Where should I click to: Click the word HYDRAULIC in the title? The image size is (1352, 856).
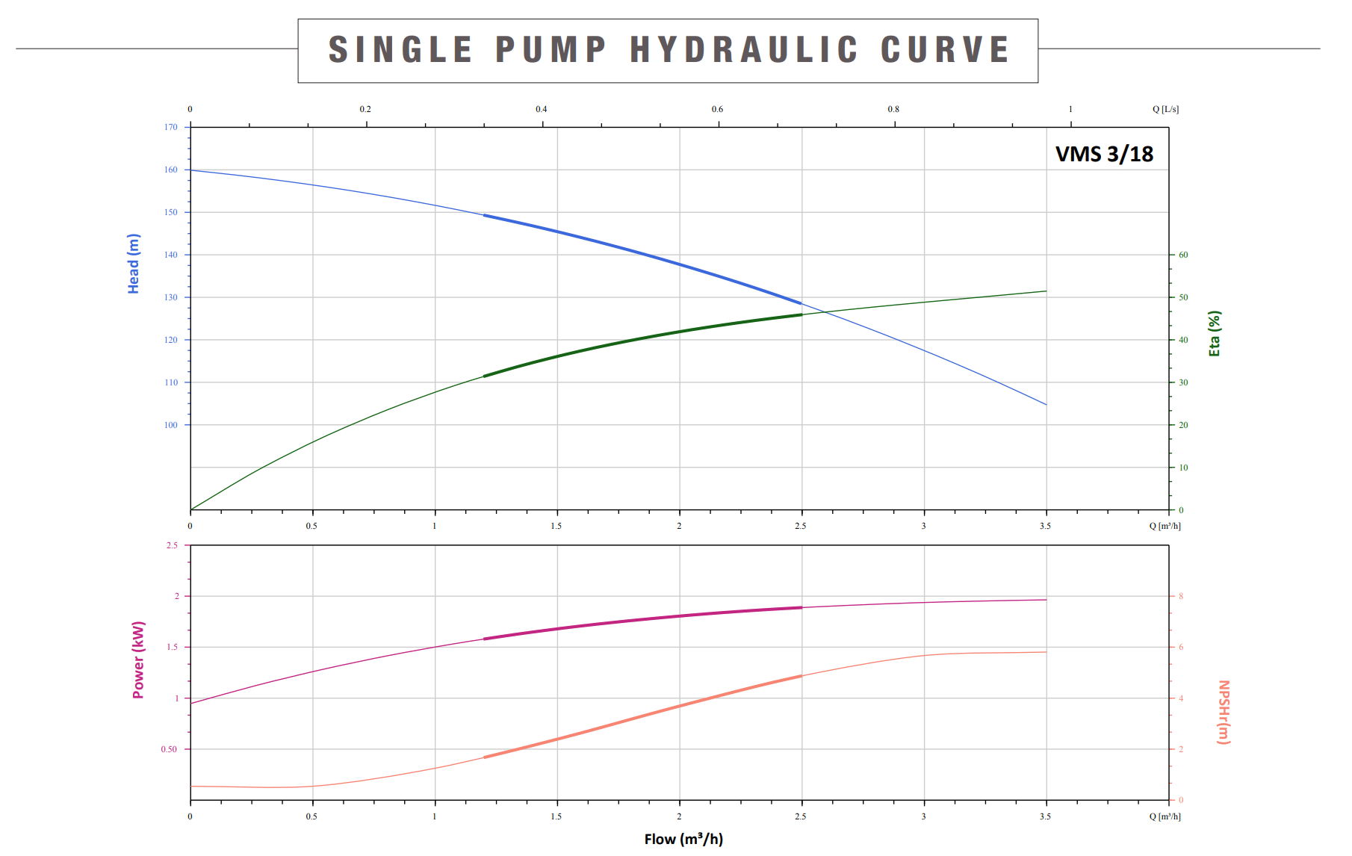pos(744,50)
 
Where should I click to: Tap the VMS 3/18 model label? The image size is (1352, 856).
pos(1104,154)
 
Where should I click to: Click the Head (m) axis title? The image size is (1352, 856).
pos(134,264)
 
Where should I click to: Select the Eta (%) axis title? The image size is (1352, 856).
pos(1215,333)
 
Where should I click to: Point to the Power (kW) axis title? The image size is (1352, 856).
pos(138,660)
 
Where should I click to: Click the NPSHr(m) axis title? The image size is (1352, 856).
pos(1224,712)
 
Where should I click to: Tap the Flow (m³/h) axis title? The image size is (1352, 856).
pos(683,839)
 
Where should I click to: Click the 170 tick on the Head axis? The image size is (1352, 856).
pos(171,127)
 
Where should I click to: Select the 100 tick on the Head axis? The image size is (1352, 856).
pos(171,425)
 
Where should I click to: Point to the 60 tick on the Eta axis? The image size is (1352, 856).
pos(1183,255)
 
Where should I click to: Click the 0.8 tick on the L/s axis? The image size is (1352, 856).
pos(893,109)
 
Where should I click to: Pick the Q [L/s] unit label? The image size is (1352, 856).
pos(1165,109)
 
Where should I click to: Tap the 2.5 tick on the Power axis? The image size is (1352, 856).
pos(173,545)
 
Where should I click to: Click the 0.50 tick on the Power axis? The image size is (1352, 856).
pos(170,749)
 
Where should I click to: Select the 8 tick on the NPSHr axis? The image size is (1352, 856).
pos(1181,596)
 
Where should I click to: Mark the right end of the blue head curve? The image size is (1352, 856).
pos(1046,405)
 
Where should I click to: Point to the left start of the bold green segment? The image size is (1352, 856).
pos(485,376)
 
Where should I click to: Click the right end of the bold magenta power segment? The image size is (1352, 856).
pos(801,607)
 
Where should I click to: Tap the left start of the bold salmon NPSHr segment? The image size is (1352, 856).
pos(485,757)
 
